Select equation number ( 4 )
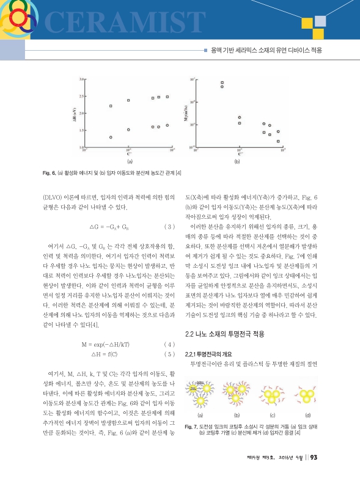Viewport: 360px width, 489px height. (x=171, y=345)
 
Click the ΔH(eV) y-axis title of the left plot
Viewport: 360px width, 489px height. (x=74, y=113)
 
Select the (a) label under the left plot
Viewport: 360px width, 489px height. (x=129, y=163)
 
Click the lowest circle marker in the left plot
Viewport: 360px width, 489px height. (x=111, y=138)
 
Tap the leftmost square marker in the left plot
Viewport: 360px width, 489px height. (x=111, y=106)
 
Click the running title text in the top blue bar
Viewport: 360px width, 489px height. (x=266, y=49)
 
